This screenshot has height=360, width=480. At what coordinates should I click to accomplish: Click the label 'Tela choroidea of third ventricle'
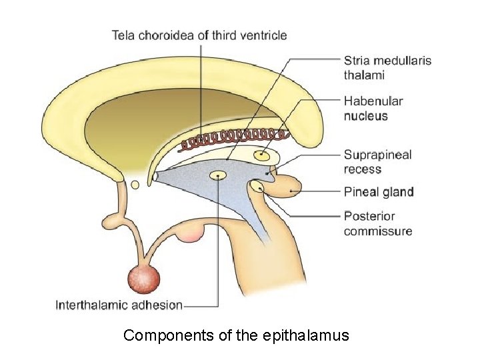coord(199,35)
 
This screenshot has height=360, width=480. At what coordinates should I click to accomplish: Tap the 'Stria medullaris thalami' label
coord(387,67)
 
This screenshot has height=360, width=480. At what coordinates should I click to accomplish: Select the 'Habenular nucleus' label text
coord(373,109)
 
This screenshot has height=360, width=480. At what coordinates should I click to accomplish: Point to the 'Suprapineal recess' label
coord(377,162)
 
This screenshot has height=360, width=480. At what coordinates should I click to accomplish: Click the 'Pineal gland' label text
coord(379,192)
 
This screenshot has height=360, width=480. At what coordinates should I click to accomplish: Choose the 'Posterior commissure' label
coord(378,223)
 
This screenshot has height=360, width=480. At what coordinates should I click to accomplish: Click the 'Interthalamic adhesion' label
coord(119,305)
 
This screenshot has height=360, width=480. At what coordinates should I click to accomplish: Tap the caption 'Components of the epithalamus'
coord(236,335)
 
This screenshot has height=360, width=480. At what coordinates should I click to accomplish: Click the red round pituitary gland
coord(144,278)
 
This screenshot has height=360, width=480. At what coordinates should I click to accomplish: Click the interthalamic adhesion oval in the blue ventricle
coord(218,175)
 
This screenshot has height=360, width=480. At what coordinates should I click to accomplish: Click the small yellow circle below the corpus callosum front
coord(135,185)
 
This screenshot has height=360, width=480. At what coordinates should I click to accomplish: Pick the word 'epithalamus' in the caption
coord(305,335)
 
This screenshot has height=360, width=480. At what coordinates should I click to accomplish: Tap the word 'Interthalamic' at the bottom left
coord(93,305)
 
